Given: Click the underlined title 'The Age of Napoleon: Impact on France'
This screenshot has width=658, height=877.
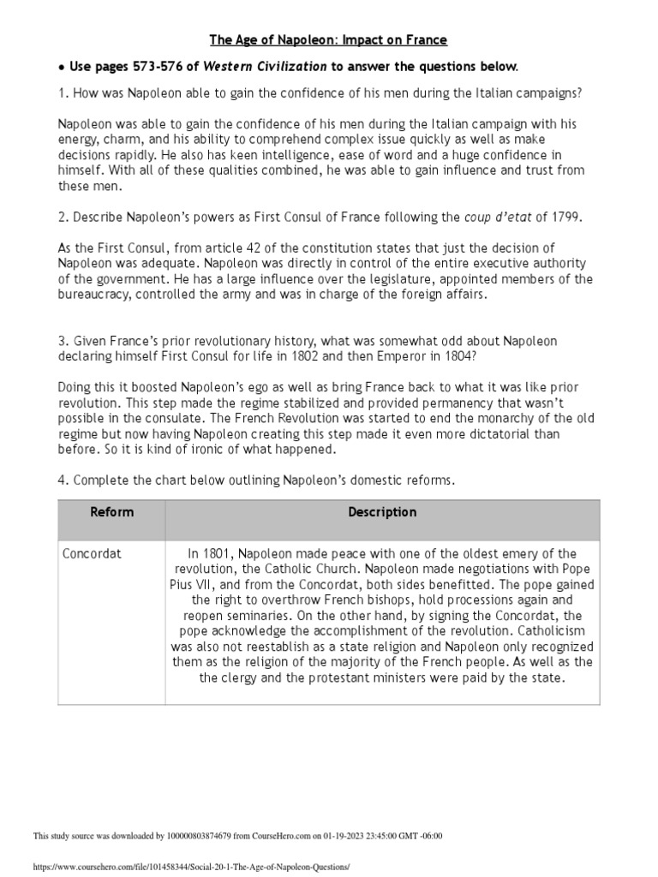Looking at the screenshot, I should pyautogui.click(x=329, y=40).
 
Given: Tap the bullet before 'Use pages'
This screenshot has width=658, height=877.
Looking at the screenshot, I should pyautogui.click(x=61, y=67).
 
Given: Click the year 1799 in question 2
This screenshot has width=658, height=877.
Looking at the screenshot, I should pyautogui.click(x=565, y=218).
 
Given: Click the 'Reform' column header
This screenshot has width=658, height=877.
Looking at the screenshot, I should pyautogui.click(x=111, y=512).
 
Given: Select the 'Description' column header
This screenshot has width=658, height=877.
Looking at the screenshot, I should pyautogui.click(x=382, y=512).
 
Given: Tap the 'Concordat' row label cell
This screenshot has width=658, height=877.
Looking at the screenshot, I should pyautogui.click(x=93, y=553).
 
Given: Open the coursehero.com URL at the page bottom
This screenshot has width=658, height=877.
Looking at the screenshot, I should pyautogui.click(x=191, y=867).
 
